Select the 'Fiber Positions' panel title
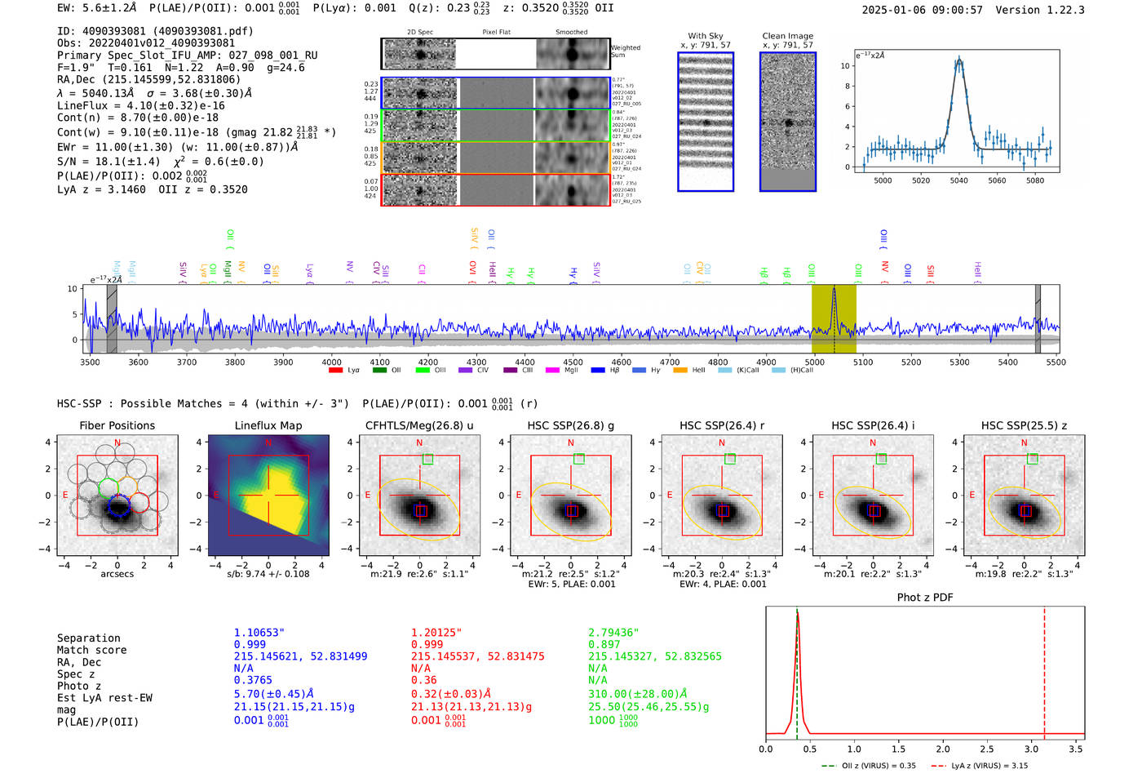click(117, 425)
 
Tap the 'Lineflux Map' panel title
click(268, 425)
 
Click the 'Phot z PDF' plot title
click(924, 598)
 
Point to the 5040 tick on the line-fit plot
click(958, 180)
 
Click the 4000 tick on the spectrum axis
click(331, 362)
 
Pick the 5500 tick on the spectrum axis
click(1056, 362)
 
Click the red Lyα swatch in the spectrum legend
click(335, 371)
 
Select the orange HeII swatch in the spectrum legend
click(680, 371)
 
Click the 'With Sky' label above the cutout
click(706, 36)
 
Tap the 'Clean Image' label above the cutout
click(787, 36)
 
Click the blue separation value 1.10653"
click(259, 633)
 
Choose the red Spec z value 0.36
click(423, 680)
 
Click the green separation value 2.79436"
click(613, 633)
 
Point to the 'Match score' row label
click(91, 650)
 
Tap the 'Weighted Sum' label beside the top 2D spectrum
click(625, 51)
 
